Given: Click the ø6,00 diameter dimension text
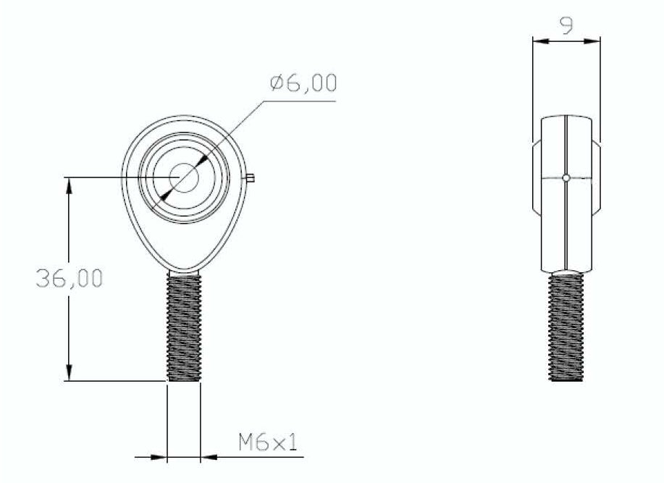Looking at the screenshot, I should [303, 83].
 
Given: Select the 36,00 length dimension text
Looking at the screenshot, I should [69, 279].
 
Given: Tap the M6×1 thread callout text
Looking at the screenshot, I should [268, 442].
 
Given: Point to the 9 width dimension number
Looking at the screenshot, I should [567, 27].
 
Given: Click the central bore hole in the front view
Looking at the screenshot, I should [184, 178].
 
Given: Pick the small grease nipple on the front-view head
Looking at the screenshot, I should [250, 177].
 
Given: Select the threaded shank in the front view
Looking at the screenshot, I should [184, 326].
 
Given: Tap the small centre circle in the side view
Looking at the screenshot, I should [566, 177].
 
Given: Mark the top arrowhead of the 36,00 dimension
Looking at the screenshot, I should [69, 185].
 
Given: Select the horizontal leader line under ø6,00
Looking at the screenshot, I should [297, 101].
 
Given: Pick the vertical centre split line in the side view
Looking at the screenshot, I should [563, 217].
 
